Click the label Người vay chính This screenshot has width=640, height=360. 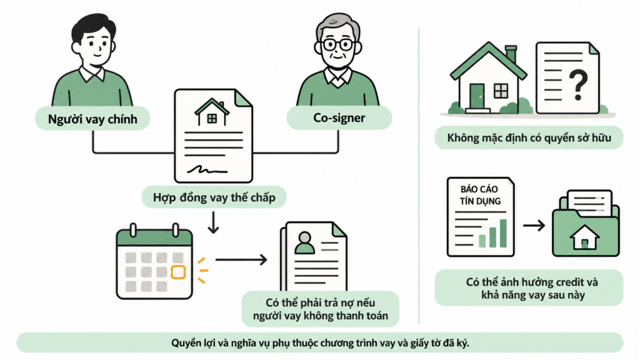tap(92, 119)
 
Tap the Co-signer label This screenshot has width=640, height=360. tap(339, 117)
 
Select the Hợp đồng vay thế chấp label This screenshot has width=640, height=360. tap(214, 197)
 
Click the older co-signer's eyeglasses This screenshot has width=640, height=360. tap(337, 44)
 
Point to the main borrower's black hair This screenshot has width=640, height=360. tap(92, 26)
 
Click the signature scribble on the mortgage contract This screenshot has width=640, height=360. tap(207, 169)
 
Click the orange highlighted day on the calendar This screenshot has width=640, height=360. tap(178, 272)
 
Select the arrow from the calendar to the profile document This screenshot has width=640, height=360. tap(241, 259)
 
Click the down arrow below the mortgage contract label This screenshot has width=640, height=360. tap(213, 222)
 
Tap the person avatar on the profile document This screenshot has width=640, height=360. tap(305, 243)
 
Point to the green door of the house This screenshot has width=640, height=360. tap(477, 96)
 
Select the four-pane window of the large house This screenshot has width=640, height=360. tap(501, 91)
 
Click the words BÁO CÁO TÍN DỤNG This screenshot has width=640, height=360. tap(480, 195)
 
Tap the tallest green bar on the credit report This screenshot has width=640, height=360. tap(503, 233)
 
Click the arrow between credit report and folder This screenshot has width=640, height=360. tap(534, 225)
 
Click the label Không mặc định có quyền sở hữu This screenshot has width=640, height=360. tap(529, 137)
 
